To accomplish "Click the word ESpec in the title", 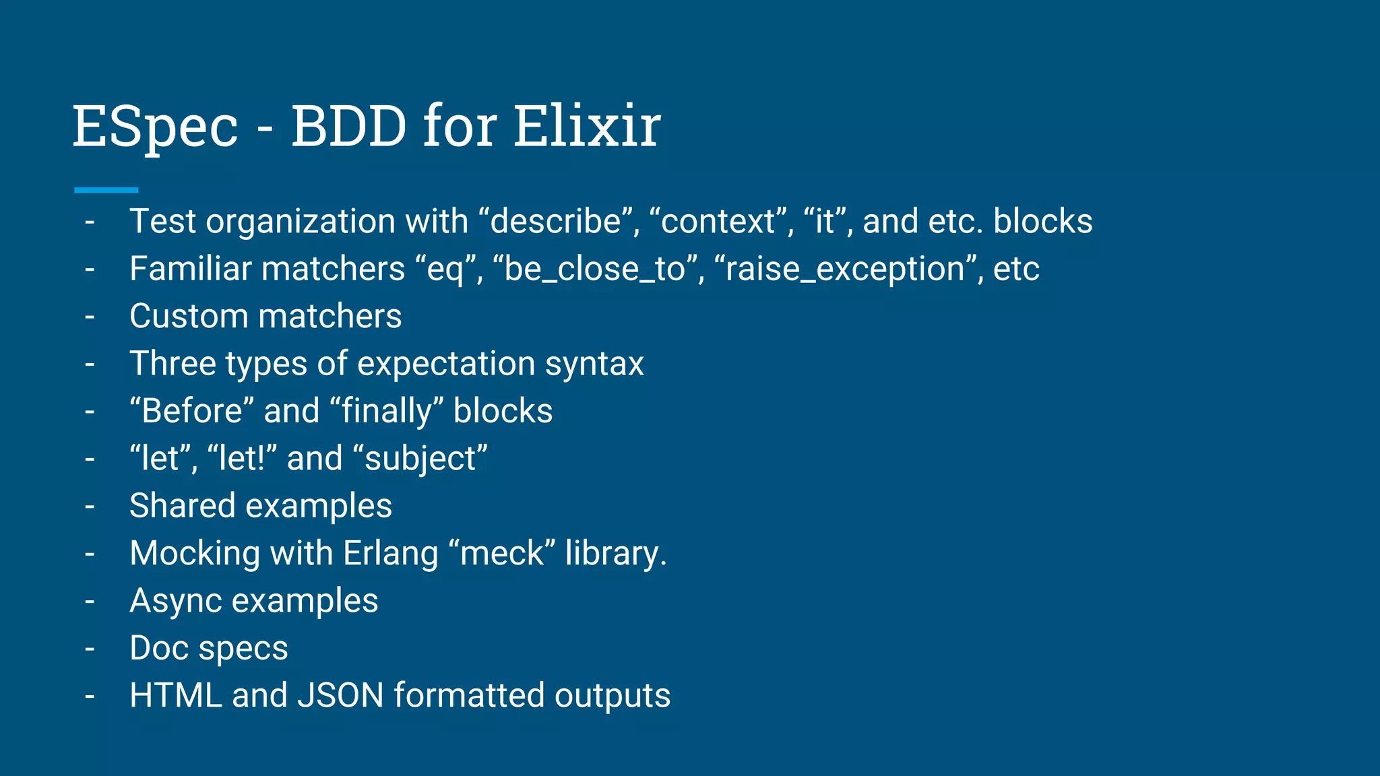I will [155, 127].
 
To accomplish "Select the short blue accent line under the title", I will [106, 191].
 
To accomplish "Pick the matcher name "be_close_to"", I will [594, 269].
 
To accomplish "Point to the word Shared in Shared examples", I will [182, 506].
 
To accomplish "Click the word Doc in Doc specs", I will [158, 648].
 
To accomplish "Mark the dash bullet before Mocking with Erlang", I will [90, 554].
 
